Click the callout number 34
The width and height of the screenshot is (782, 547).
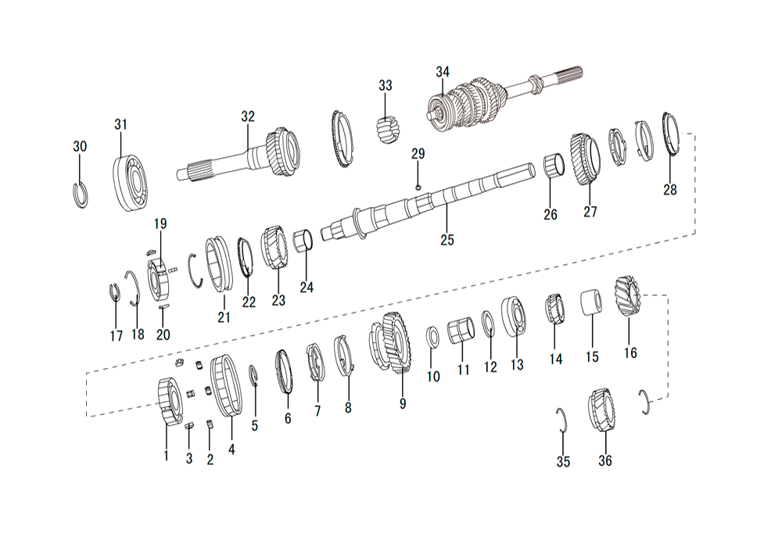443,72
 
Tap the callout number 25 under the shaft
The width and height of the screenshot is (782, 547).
447,240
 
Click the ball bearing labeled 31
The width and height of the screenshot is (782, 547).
130,182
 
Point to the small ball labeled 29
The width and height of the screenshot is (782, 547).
418,187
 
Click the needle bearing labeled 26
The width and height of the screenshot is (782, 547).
554,166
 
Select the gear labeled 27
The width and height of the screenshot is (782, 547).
585,159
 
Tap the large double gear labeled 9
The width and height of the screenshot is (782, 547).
391,342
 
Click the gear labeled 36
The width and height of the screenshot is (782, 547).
601,410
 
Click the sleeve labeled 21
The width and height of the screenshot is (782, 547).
220,265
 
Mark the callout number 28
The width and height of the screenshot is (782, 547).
670,190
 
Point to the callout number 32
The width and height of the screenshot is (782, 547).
247,116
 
